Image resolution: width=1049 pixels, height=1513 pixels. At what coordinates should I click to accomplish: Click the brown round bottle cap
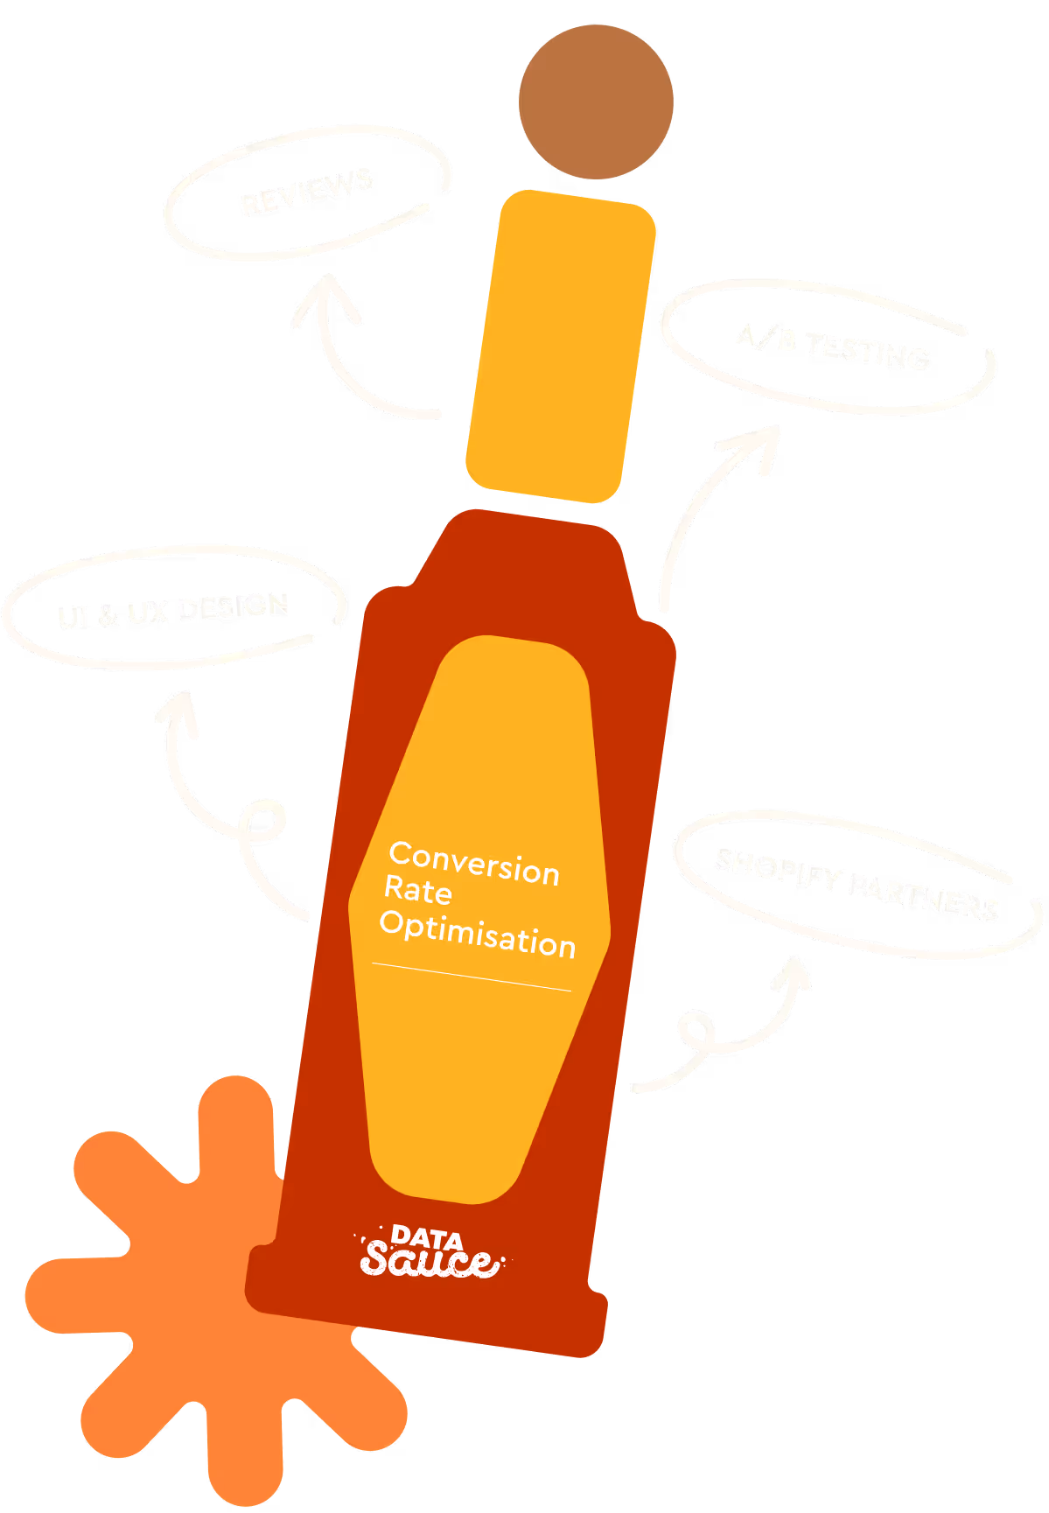pyautogui.click(x=596, y=102)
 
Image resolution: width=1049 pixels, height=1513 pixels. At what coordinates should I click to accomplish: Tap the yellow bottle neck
pyautogui.click(x=561, y=347)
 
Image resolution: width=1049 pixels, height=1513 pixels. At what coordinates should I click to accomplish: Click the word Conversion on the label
pyautogui.click(x=474, y=864)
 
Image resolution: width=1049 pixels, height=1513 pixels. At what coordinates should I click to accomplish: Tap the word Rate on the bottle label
pyautogui.click(x=418, y=890)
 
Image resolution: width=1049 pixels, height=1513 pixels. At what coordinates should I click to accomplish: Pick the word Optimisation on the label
pyautogui.click(x=478, y=933)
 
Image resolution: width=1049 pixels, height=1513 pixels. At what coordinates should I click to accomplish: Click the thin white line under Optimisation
pyautogui.click(x=472, y=977)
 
